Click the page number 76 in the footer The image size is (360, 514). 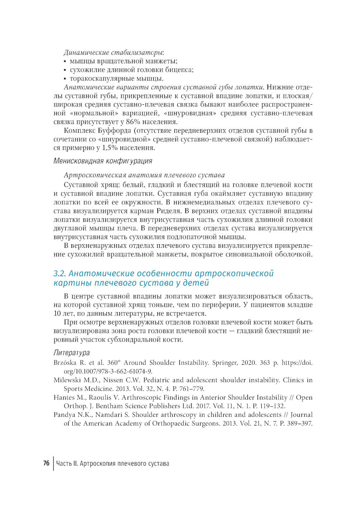pos(46,463)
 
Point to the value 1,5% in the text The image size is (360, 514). pos(108,148)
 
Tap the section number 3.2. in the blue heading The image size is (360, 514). pos(60,273)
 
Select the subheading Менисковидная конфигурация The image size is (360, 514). pos(103,161)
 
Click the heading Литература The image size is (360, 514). pos(71,352)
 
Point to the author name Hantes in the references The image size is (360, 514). pos(63,397)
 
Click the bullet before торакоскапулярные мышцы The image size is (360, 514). pos(65,79)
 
